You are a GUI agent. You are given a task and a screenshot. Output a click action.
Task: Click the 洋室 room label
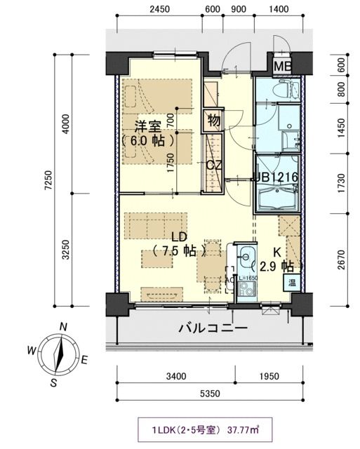149,126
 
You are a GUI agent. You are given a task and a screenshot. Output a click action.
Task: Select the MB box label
283,67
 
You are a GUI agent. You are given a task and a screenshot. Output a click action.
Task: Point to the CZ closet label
215,165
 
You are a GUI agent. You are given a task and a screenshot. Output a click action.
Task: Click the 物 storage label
214,120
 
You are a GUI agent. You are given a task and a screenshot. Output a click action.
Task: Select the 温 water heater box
290,283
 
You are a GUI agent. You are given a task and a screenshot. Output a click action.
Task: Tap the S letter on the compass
53,382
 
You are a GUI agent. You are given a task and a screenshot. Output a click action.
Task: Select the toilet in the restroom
286,90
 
